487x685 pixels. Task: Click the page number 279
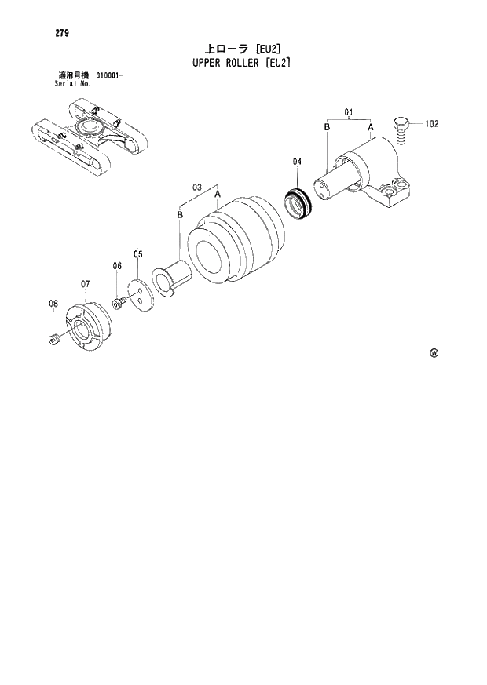[39, 32]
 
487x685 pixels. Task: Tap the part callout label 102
[432, 124]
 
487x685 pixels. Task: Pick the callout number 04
[297, 162]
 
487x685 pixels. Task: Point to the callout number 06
[116, 266]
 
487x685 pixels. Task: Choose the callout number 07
[86, 283]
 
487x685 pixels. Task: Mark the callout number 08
[53, 304]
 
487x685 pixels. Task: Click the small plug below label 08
[53, 339]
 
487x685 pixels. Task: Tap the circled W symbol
[434, 353]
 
